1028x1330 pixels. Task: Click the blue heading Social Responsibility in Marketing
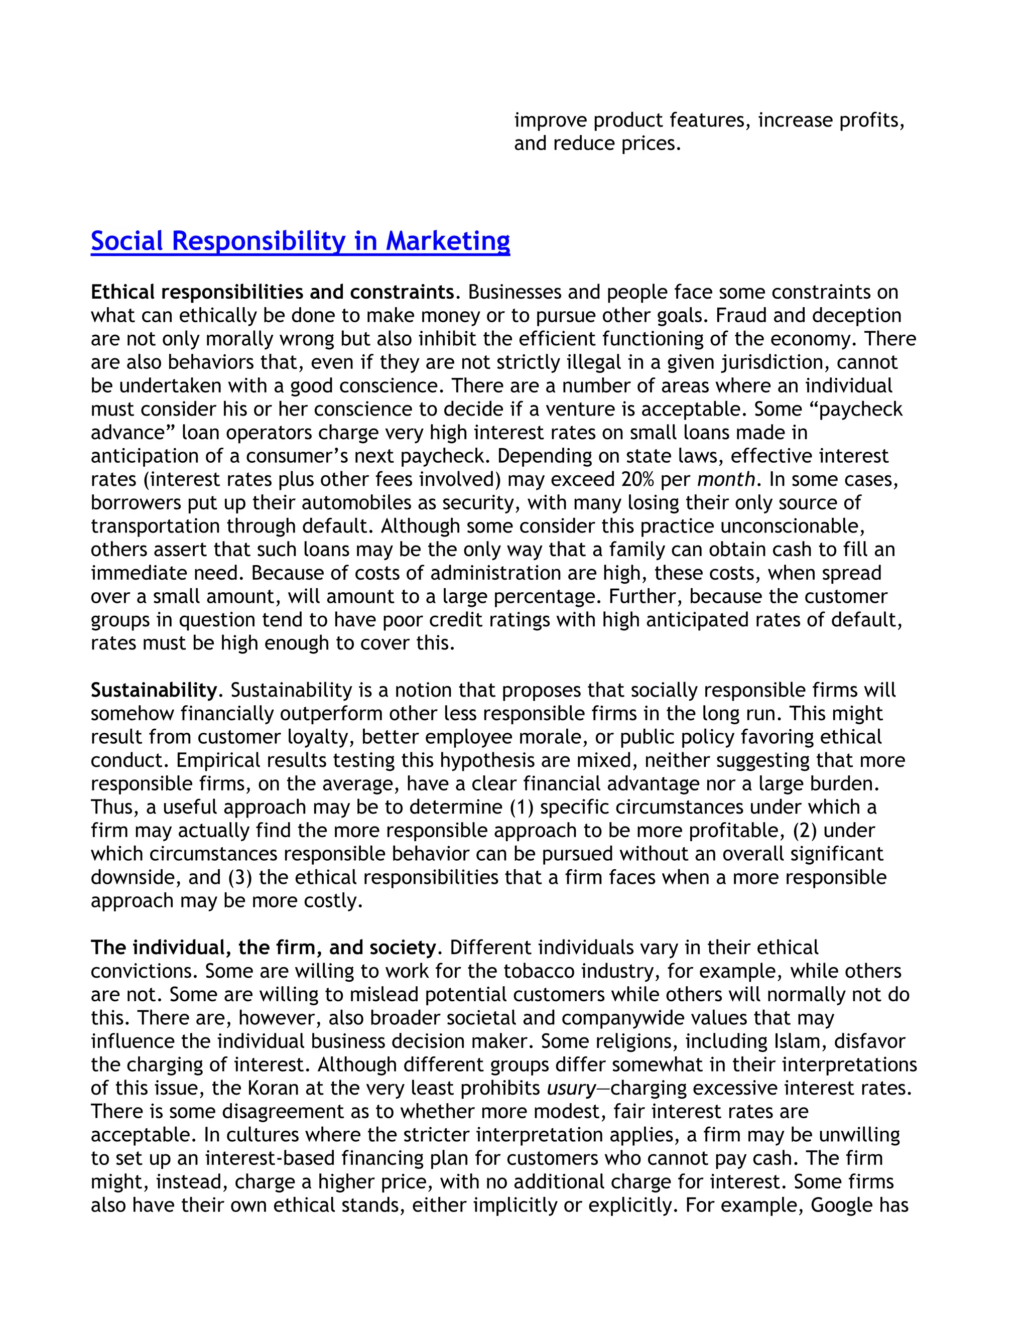click(300, 240)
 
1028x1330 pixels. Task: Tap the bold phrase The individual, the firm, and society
click(263, 948)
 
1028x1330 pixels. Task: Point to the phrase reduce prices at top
click(616, 144)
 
